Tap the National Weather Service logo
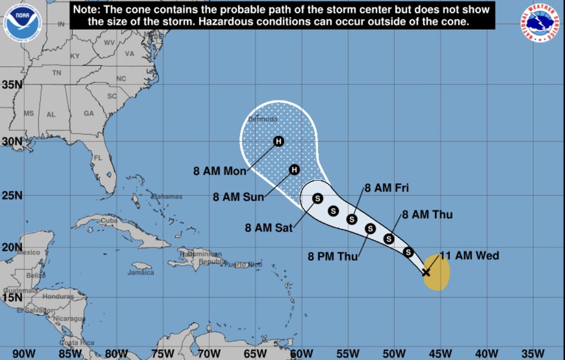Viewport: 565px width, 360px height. (x=542, y=21)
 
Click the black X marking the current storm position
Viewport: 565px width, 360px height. (x=426, y=272)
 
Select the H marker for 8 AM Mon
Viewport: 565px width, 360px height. (x=279, y=141)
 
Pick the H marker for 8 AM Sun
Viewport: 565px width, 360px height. (x=294, y=169)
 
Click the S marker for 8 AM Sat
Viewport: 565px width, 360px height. (x=318, y=198)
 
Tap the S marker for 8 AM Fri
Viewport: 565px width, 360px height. (x=352, y=219)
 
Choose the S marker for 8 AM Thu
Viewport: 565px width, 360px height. (x=389, y=239)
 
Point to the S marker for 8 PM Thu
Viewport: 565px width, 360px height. (x=370, y=228)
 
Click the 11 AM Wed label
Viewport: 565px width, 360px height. (x=470, y=256)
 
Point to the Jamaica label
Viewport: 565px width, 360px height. (x=140, y=273)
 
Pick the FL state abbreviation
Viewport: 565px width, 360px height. (x=98, y=158)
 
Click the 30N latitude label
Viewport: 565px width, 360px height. (x=11, y=141)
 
